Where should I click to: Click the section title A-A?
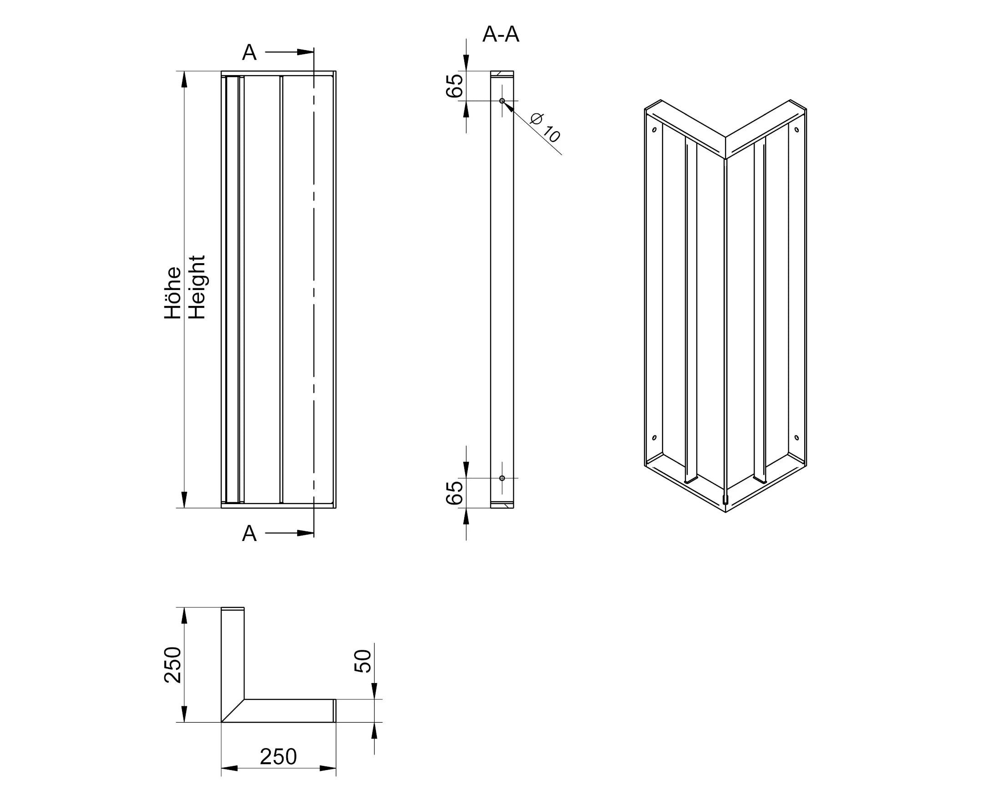pos(500,34)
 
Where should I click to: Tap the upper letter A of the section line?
pos(249,52)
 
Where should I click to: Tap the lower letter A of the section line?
pos(249,534)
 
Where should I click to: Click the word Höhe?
pos(172,293)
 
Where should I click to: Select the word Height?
pos(197,287)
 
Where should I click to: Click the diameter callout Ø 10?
pos(545,127)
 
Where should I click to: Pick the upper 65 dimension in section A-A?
pos(454,86)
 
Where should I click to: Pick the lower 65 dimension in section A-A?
pos(454,493)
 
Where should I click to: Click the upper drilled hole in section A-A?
pos(502,101)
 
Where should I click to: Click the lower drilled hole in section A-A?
pos(502,478)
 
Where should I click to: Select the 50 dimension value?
pos(363,661)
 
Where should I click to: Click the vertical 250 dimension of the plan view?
pos(173,665)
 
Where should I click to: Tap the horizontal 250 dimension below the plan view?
pos(278,757)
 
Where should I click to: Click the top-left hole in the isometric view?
pos(654,129)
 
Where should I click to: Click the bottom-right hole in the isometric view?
pos(797,438)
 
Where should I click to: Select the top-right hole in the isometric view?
pos(797,129)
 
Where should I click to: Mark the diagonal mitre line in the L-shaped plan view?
pos(233,710)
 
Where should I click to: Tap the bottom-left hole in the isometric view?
pos(654,438)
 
